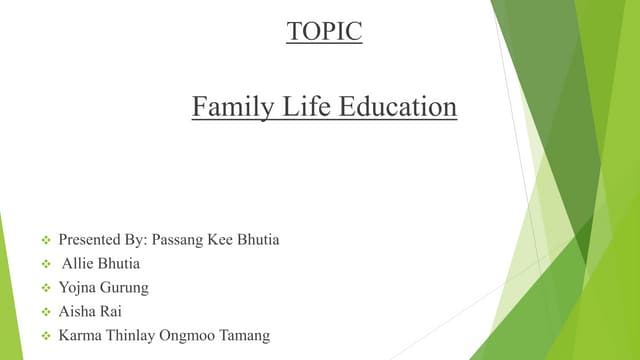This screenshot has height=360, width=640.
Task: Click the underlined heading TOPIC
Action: pos(324,32)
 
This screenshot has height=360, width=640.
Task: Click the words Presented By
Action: pos(103,240)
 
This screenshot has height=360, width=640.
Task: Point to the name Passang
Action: pos(178,240)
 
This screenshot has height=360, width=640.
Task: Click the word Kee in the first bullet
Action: pos(223,240)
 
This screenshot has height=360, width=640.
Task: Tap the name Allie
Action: pos(79,264)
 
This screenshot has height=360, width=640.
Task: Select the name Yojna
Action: pos(78,288)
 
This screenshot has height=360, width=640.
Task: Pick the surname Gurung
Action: pos(125,288)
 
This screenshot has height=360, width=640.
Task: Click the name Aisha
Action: pos(77,312)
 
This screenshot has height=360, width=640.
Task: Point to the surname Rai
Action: pos(111,312)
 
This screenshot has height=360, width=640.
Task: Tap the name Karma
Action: pos(79,336)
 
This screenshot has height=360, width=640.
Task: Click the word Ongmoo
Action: pos(188,336)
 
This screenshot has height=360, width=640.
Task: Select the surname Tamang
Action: pos(246,336)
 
